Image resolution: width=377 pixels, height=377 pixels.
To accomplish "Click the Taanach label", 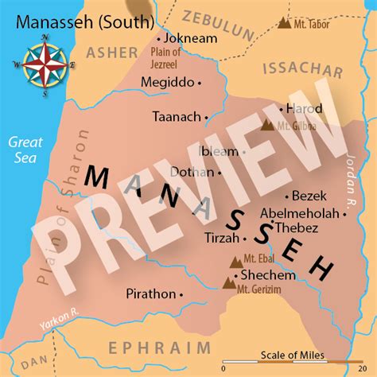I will click(177, 116).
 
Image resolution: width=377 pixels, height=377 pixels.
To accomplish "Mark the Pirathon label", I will click(150, 293).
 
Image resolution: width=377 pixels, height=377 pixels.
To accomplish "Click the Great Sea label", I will click(24, 150).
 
